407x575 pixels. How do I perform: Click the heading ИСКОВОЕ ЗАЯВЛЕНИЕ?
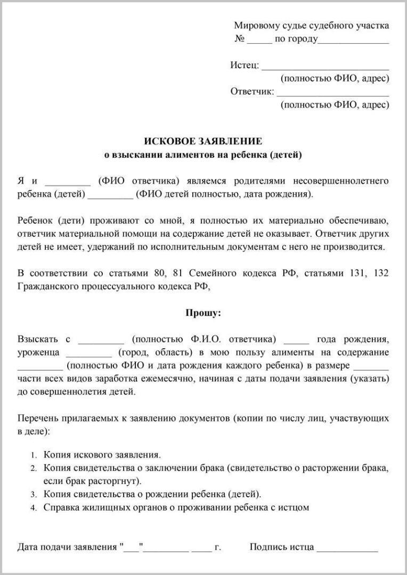pos(203,141)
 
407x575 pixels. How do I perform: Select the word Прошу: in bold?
pos(203,313)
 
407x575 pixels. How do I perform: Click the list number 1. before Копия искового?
pos(34,455)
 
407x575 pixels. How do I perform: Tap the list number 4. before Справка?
pos(34,508)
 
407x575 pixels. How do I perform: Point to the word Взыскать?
pos(37,339)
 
